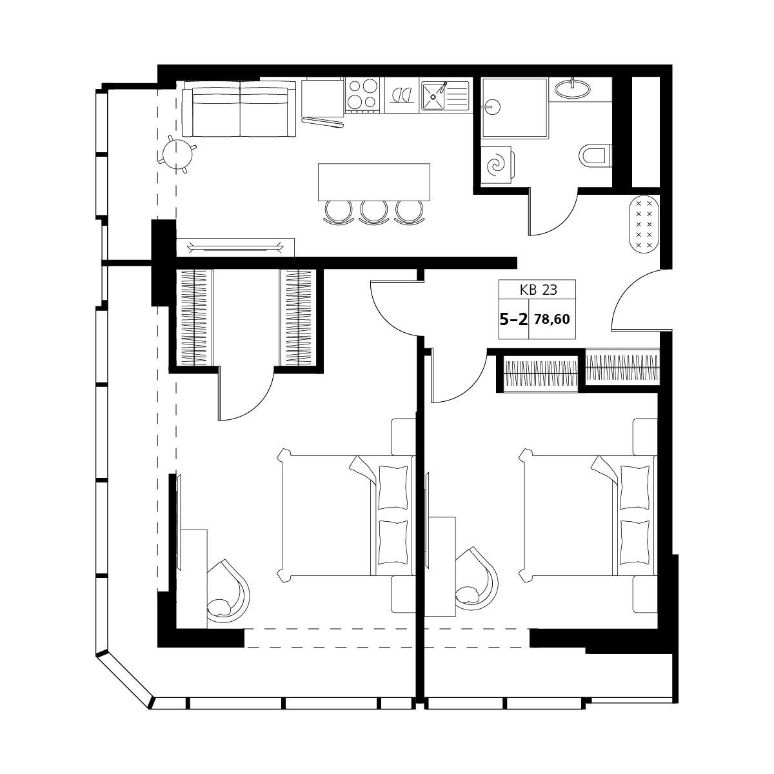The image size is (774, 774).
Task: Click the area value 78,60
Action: point(552,319)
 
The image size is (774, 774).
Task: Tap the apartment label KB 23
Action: point(538,290)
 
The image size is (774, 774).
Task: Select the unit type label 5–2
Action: point(513,320)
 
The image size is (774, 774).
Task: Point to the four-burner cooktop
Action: point(362,95)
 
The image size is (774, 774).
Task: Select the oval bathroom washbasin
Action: point(573,88)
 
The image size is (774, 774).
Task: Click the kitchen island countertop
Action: point(373,182)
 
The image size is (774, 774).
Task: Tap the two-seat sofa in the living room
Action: point(239,109)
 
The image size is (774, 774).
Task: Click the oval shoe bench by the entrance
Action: point(644,224)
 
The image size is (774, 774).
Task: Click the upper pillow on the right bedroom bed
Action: point(635,486)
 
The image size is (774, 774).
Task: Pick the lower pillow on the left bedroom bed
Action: point(393,542)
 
